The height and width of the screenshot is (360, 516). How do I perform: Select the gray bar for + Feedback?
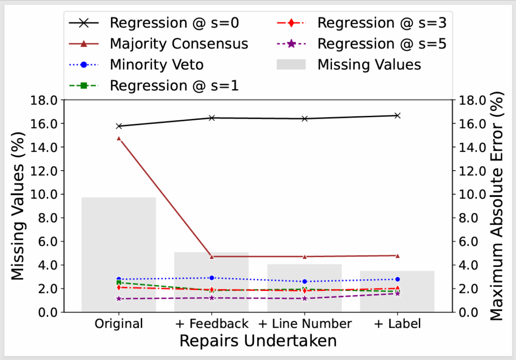tap(212, 282)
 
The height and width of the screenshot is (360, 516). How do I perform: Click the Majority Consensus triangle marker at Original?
tap(119, 138)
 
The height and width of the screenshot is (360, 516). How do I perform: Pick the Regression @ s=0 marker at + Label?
tap(397, 115)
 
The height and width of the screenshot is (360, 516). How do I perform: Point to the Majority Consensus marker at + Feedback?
tap(212, 256)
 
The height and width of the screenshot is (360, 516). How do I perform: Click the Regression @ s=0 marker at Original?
tap(119, 126)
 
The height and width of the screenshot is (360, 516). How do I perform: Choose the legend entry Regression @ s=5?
tap(381, 44)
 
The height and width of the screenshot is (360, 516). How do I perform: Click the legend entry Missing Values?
tap(369, 64)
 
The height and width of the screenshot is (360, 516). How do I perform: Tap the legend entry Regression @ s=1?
tap(174, 86)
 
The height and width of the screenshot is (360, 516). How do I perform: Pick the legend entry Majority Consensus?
tap(179, 44)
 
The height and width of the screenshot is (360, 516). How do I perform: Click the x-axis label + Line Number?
tap(305, 324)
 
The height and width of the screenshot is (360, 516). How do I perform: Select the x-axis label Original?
tap(119, 324)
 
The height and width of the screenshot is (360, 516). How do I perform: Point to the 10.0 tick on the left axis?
tap(46, 194)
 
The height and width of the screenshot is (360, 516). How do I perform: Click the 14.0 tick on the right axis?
tap(471, 147)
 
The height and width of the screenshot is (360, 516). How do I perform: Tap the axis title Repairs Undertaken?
tap(258, 341)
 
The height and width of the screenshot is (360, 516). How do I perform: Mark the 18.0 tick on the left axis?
tap(46, 100)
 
